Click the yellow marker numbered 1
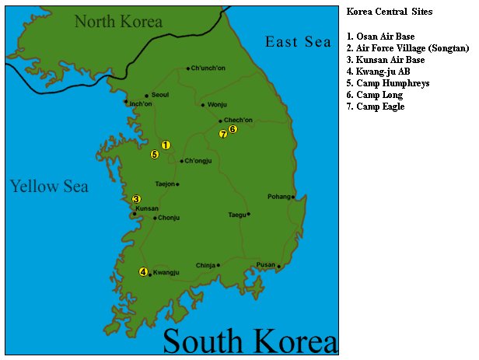coord(166,145)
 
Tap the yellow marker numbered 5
coord(155,154)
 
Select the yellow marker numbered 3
coord(137,199)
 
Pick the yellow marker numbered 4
coord(143,271)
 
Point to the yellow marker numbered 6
coord(233,129)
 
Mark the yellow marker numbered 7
coord(223,134)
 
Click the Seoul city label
coord(160,95)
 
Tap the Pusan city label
coord(266,264)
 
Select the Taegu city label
coord(236,215)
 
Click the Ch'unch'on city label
coord(208,68)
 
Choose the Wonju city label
coord(217,104)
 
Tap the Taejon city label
coord(165,184)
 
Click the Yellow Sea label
coord(49,186)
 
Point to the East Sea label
coord(299,42)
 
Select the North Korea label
coord(118,21)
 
